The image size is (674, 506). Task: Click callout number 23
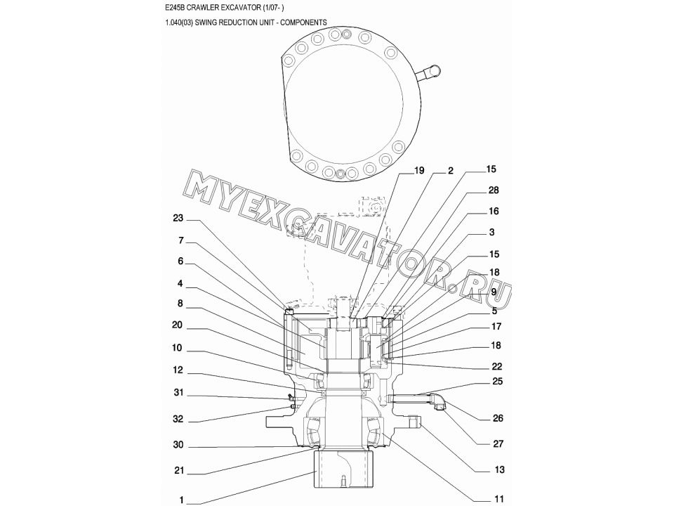coord(178,218)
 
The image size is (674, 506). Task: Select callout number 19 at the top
coord(418,171)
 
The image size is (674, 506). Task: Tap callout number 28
coord(494,190)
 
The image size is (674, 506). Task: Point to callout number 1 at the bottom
coord(181,500)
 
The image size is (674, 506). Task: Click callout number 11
coord(498,499)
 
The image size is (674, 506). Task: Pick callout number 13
coord(499,469)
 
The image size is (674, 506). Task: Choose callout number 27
coord(498,443)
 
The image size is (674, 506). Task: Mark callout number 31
coord(178,392)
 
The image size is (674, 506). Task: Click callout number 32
coord(178,419)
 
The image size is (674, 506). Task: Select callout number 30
coord(178,444)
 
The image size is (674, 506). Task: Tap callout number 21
coord(179,470)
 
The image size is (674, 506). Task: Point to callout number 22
coord(497,366)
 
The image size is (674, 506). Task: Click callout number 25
coord(497,381)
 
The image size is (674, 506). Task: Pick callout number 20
coord(177,325)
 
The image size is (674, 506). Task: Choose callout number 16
coord(494,211)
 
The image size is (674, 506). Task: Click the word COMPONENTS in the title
coord(303,22)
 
